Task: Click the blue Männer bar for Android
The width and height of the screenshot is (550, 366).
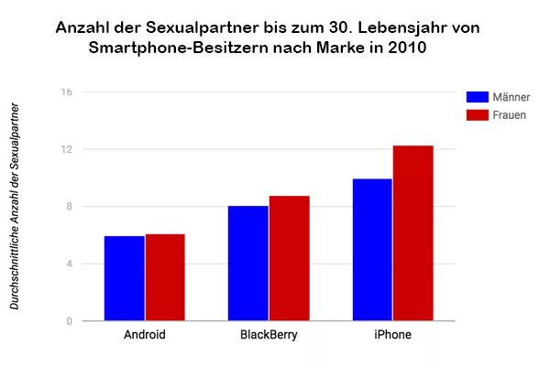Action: tap(124, 279)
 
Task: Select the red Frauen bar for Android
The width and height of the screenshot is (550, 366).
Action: tap(165, 278)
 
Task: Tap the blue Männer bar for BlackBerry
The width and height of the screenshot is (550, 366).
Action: tap(248, 264)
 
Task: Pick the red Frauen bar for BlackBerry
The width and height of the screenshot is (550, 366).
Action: tap(290, 259)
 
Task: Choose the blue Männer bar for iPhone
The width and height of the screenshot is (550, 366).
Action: tap(372, 250)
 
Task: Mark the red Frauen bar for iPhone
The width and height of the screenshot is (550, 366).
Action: tap(413, 233)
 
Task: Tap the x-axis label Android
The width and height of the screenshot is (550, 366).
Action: tap(145, 335)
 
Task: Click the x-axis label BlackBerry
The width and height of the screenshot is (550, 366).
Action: tap(269, 335)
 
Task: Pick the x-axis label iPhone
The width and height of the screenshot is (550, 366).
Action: tap(393, 335)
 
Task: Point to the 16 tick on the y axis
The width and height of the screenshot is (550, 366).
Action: tap(67, 92)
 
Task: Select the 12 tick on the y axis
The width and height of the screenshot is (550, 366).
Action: tap(67, 150)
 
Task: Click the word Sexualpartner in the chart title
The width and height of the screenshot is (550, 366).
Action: tap(196, 28)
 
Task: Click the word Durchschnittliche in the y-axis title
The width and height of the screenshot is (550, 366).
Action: tap(16, 264)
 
